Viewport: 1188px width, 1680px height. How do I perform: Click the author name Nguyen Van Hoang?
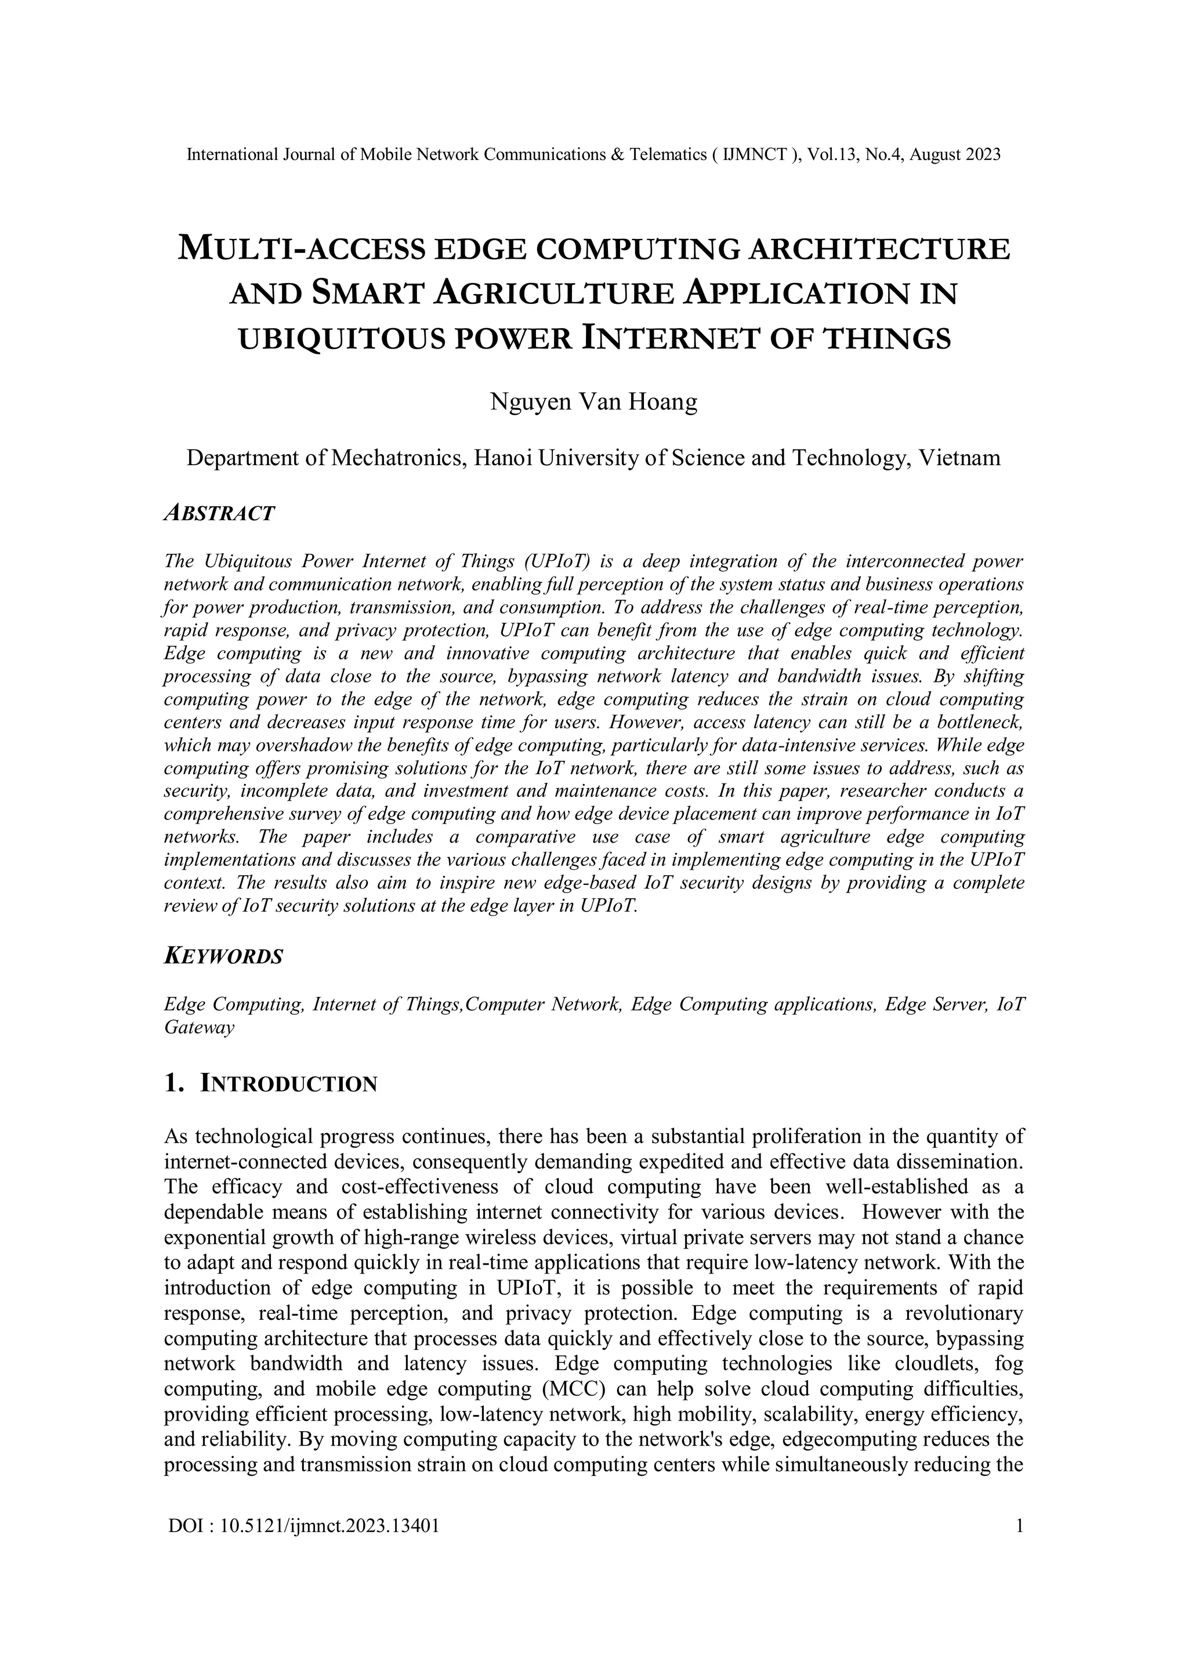click(593, 402)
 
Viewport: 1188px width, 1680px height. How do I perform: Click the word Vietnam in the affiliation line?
click(959, 458)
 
